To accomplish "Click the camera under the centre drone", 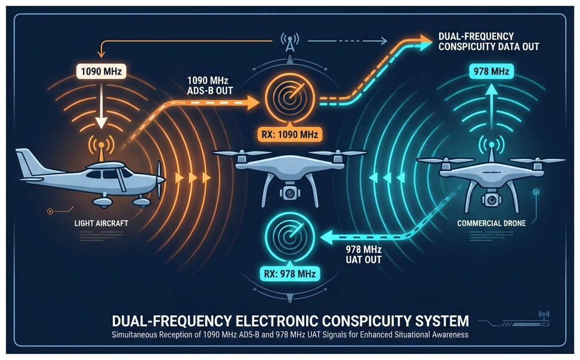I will click(x=289, y=193).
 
